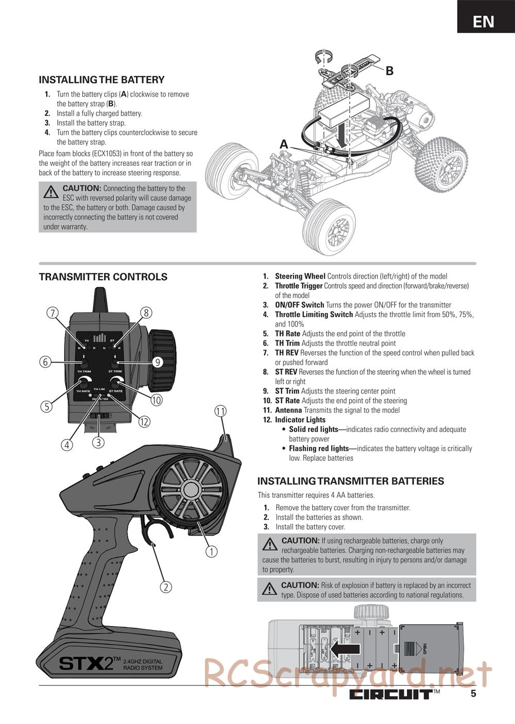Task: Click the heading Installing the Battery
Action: point(101,80)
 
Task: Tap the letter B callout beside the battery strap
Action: point(389,71)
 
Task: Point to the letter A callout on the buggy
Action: point(284,145)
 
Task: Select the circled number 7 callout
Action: point(52,313)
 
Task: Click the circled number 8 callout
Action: point(146,313)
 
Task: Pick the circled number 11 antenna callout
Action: point(220,411)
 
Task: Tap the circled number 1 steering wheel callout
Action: point(211,551)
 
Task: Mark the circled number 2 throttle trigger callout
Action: point(165,587)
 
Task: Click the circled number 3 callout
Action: point(98,442)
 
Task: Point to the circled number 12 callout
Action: point(144,422)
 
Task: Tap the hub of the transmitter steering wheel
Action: point(188,489)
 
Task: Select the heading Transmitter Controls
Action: point(103,277)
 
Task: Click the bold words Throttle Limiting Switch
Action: point(314,315)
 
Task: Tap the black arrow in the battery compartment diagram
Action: point(345,650)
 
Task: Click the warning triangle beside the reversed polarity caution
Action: point(51,192)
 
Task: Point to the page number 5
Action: point(473,694)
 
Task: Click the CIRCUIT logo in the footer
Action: point(391,694)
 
